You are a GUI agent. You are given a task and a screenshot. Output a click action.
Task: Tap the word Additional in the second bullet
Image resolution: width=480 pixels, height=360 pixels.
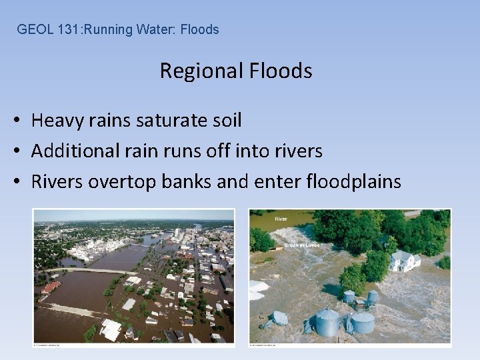[71, 151]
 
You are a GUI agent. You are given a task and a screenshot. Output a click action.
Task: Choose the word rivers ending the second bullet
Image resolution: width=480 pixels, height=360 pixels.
[296, 151]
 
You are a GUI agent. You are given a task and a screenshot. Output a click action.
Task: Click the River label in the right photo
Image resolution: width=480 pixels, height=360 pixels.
[282, 218]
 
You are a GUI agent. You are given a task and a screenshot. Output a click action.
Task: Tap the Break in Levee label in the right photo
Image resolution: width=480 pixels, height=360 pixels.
[302, 245]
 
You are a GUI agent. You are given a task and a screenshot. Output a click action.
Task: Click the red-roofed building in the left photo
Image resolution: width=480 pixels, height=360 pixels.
[50, 288]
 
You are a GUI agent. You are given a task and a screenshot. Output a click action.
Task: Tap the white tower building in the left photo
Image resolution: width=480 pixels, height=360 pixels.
[179, 235]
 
